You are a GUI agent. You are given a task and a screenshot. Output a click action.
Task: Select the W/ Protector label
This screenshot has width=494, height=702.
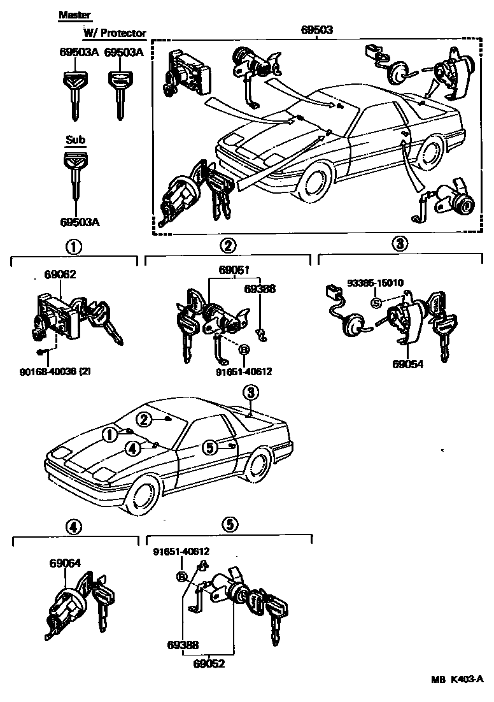115,33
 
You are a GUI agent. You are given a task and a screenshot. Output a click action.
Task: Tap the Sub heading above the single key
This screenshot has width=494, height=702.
76,140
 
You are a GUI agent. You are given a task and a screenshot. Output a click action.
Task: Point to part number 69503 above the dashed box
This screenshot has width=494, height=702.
316,29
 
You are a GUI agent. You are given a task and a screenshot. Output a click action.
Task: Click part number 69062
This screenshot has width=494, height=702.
60,275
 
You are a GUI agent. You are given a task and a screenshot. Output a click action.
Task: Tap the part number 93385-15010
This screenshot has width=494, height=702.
376,282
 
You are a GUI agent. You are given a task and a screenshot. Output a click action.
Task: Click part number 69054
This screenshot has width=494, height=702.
407,364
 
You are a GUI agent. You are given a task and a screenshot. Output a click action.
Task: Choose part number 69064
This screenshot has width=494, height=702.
65,563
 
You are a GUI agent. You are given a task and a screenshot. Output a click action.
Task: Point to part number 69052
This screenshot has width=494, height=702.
210,663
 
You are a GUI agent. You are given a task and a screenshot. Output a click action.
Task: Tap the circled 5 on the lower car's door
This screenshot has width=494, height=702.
210,448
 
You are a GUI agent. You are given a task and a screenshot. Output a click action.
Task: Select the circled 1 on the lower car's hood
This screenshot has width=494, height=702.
110,434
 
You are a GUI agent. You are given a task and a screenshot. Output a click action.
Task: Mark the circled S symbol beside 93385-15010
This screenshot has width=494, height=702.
376,302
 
